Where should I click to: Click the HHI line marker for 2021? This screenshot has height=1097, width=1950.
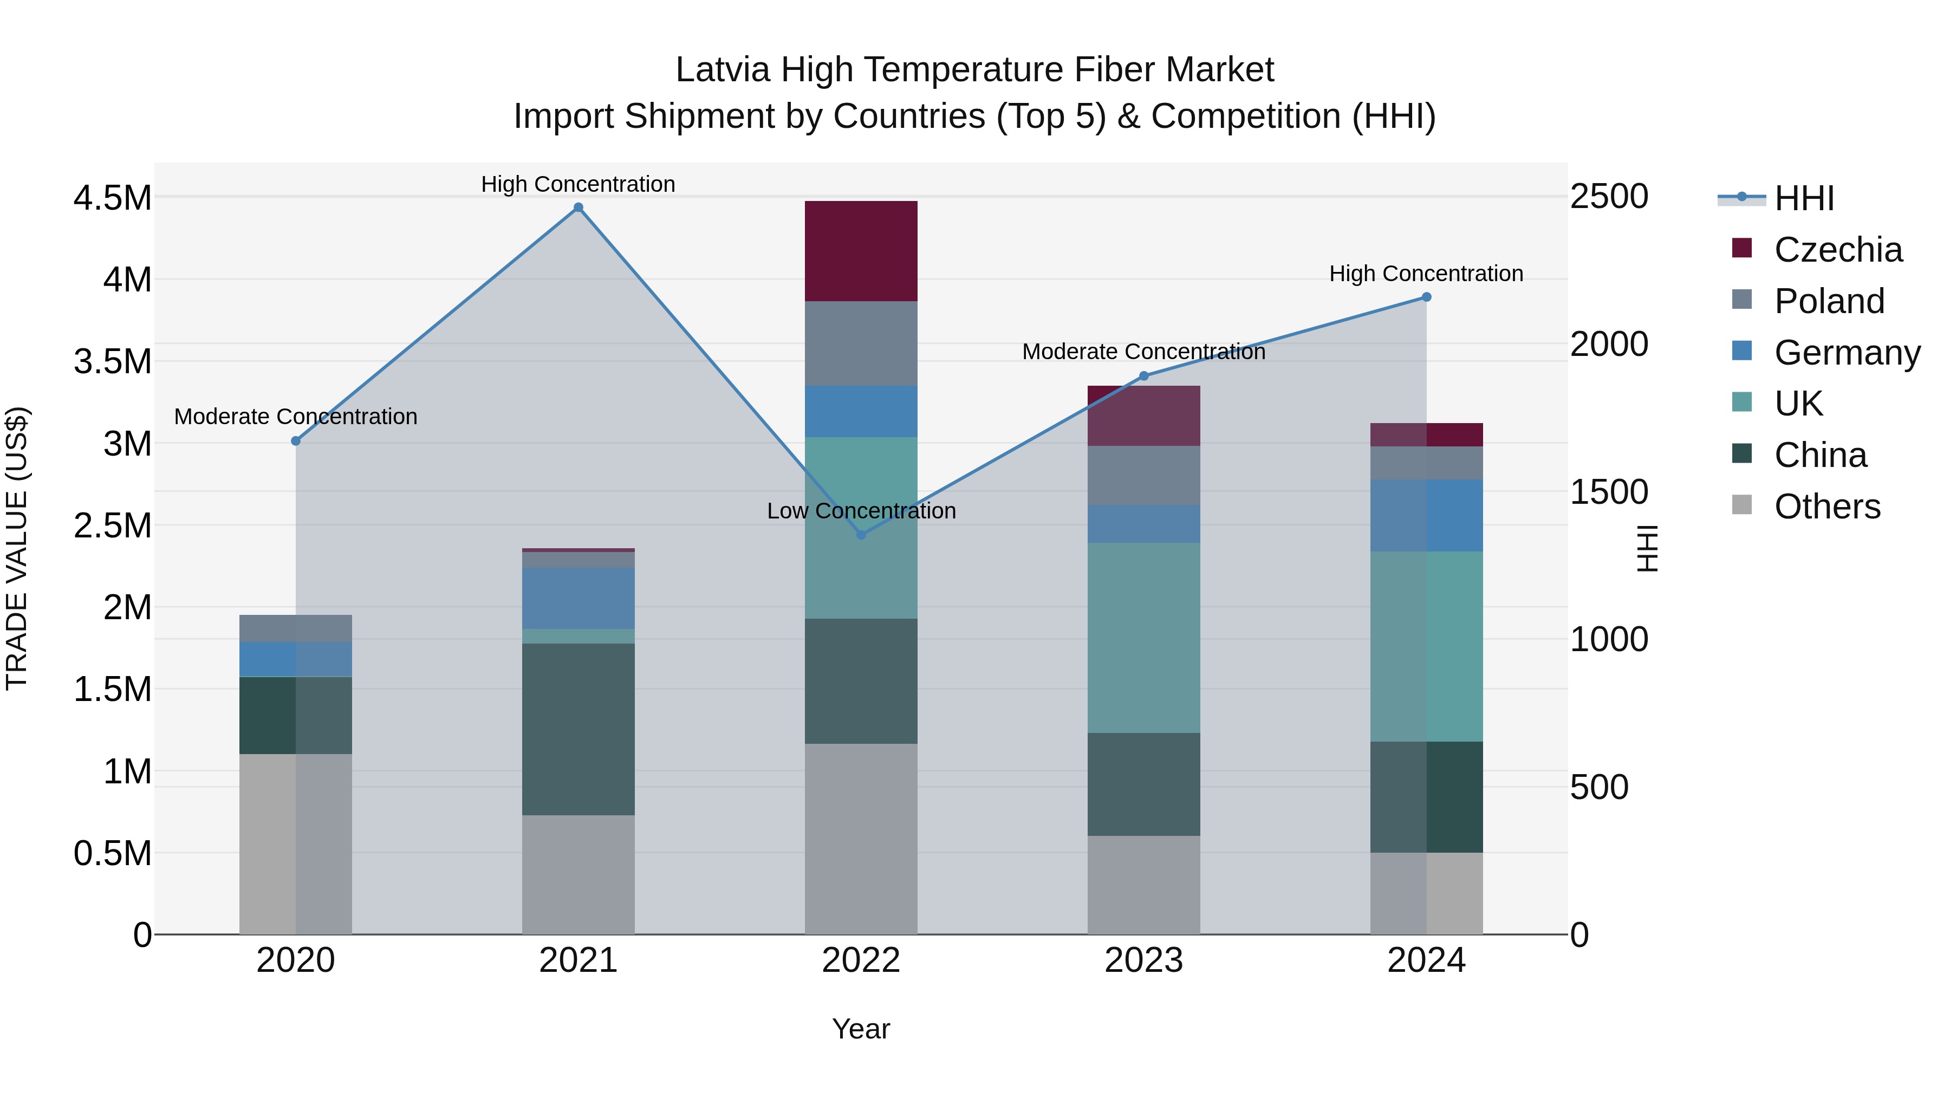click(x=578, y=207)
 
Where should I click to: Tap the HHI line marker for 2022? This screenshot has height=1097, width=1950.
click(x=861, y=535)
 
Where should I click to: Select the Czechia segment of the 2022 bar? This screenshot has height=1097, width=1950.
click(x=861, y=251)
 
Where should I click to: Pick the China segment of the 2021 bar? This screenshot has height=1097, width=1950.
click(x=578, y=729)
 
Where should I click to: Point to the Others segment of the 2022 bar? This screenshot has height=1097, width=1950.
click(x=861, y=838)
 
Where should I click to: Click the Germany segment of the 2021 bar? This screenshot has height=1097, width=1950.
click(x=578, y=598)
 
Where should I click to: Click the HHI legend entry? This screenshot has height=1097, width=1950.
click(x=1802, y=198)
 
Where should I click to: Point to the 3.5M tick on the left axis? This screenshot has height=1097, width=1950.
click(x=112, y=362)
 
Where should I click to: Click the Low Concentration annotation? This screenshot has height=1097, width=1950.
click(x=861, y=511)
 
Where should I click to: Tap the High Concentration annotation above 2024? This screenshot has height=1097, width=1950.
click(x=1426, y=274)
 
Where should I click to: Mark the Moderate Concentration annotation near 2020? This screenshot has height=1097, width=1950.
click(x=295, y=417)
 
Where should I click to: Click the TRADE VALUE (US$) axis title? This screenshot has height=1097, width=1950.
click(x=17, y=548)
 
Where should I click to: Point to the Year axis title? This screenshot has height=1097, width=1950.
click(x=861, y=1029)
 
